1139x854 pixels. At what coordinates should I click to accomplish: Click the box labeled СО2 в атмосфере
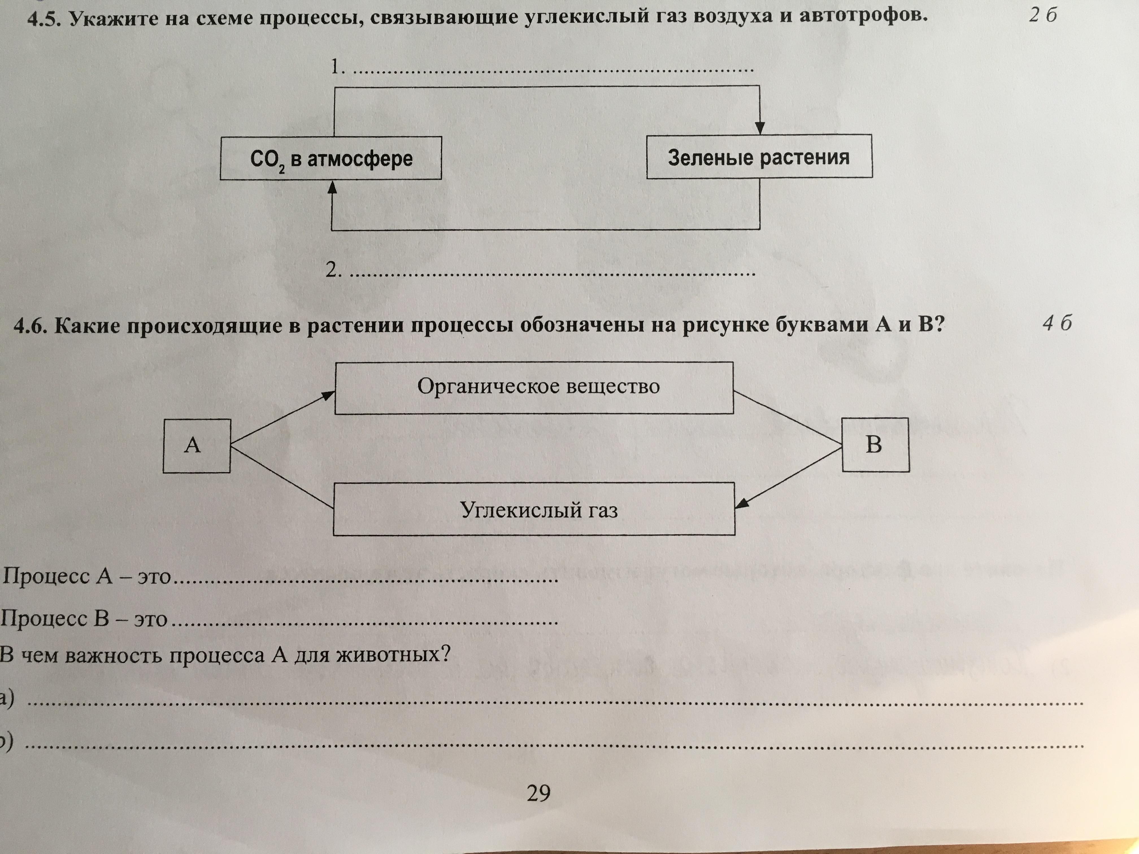pyautogui.click(x=331, y=158)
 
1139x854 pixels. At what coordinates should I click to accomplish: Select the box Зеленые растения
pyautogui.click(x=759, y=156)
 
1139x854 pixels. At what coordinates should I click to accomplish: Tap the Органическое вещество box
pyautogui.click(x=534, y=388)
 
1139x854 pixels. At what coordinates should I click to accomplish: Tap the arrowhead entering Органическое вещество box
pyautogui.click(x=327, y=395)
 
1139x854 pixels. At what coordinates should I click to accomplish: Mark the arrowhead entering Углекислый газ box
pyautogui.click(x=742, y=503)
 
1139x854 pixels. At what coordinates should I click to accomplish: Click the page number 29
pyautogui.click(x=539, y=793)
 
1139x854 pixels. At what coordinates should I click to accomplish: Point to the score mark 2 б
pyautogui.click(x=1043, y=16)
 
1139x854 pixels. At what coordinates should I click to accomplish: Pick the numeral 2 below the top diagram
pyautogui.click(x=333, y=269)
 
